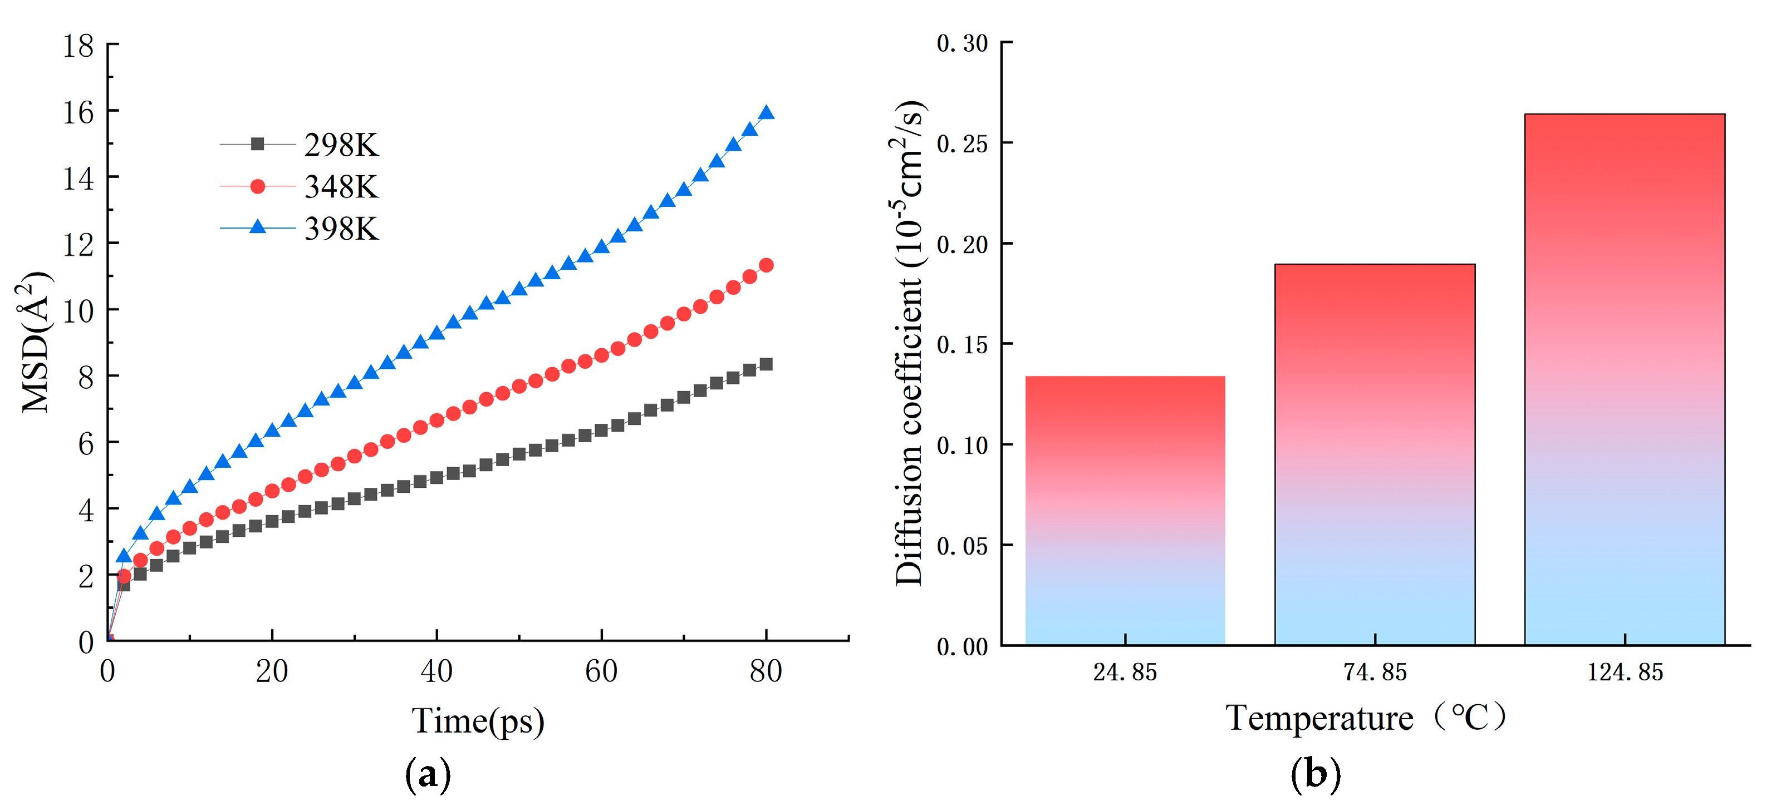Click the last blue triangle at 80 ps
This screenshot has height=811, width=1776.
point(766,113)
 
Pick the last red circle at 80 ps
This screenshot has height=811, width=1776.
point(766,265)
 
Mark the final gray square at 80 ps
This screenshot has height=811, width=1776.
point(766,364)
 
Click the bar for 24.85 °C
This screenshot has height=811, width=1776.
point(1125,511)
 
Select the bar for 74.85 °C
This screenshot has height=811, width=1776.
point(1375,455)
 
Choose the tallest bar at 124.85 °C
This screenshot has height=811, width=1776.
point(1625,380)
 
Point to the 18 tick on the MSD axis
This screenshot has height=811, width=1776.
point(78,46)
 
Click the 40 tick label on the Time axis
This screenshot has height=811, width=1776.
point(436,671)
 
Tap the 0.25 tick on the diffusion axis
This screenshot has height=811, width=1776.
point(963,144)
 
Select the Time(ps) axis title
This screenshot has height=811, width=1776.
point(478,721)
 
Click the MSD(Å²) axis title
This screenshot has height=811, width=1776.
point(35,342)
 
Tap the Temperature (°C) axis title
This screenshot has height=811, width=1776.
point(1365,718)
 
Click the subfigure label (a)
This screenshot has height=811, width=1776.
point(428,774)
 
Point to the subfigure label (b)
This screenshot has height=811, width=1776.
point(1316,774)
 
